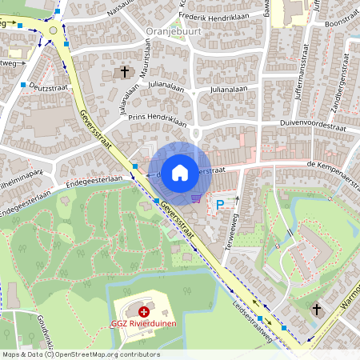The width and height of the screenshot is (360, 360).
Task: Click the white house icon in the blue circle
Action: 180,171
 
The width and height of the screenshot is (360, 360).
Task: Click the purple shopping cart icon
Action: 196,198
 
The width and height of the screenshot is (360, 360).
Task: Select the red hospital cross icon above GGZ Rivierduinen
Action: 143,311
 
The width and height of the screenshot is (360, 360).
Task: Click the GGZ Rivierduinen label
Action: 144,324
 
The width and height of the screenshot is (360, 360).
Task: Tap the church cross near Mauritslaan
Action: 124,72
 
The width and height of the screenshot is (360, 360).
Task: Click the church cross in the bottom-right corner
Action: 316,309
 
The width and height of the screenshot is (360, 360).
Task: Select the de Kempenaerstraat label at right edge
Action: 324,163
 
